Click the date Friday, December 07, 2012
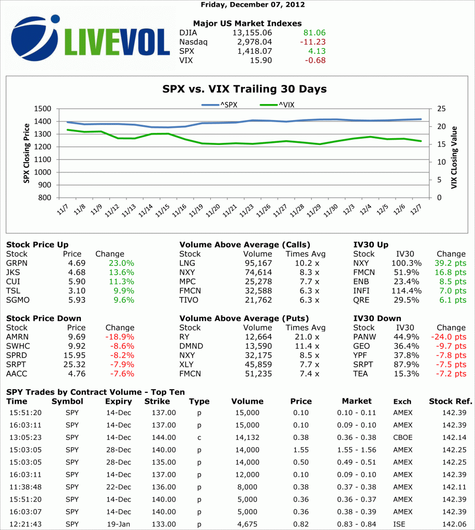(245, 5)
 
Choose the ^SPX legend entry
(220, 105)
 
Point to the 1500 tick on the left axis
(44, 109)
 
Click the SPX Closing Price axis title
(26, 153)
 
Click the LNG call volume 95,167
(257, 263)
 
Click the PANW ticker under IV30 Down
(365, 337)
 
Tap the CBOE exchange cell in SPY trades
(402, 437)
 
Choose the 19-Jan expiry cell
(118, 524)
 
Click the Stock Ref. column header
(450, 401)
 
